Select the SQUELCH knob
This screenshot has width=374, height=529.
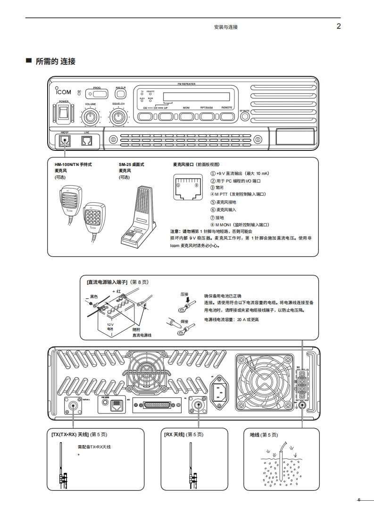pos(118,116)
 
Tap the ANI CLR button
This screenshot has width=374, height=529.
pos(120,94)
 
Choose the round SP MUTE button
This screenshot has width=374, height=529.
pos(244,116)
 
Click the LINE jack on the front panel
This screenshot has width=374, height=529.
pos(86,140)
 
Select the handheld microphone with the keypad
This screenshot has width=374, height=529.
pos(93,218)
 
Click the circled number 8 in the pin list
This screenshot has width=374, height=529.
pos(213,225)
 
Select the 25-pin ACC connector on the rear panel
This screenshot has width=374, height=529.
pos(153,405)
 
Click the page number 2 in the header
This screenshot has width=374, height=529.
pos(338,26)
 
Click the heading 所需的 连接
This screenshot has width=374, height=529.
pos(55,61)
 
